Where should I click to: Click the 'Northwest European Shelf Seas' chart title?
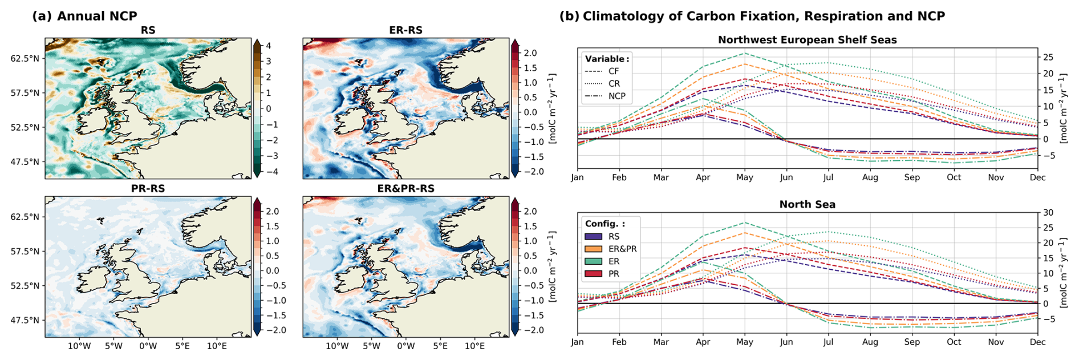click(x=807, y=40)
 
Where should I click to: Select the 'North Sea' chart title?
click(x=807, y=204)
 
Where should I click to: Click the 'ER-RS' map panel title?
click(x=405, y=30)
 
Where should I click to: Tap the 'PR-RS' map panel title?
click(x=148, y=188)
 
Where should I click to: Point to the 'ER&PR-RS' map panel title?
click(x=405, y=188)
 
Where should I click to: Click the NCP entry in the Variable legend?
click(x=616, y=96)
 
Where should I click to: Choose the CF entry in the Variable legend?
click(x=614, y=71)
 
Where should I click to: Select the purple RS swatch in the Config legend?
click(x=593, y=236)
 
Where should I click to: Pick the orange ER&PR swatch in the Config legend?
click(x=593, y=249)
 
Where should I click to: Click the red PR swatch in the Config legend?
click(x=593, y=274)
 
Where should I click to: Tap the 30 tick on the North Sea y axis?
click(x=1048, y=212)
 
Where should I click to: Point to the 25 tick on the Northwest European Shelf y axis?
click(x=1048, y=57)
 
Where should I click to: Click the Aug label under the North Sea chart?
click(x=870, y=342)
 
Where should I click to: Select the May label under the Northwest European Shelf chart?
click(x=744, y=177)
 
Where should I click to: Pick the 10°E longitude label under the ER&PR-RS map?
click(x=474, y=346)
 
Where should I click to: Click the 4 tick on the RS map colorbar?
click(x=269, y=46)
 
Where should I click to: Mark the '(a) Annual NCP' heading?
click(x=84, y=16)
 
